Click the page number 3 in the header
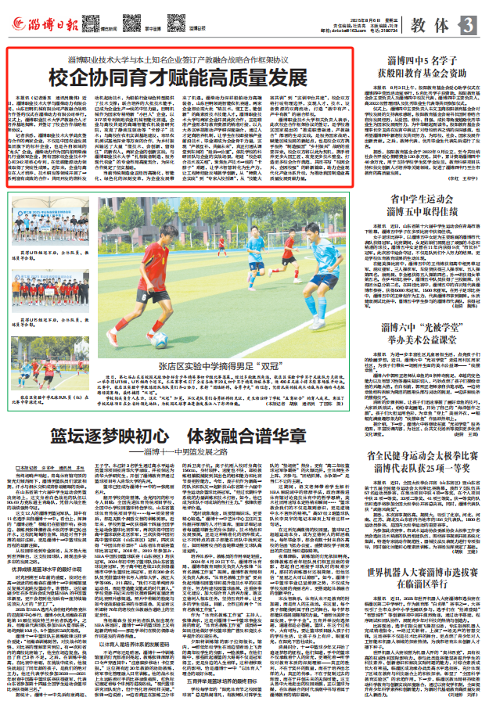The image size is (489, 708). (468, 25)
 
